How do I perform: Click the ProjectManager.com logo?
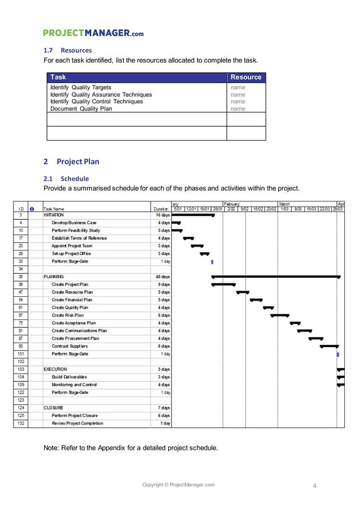94,33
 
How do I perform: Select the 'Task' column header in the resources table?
58,77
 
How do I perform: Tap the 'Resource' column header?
245,77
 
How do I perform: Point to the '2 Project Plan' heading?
71,161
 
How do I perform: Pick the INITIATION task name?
54,215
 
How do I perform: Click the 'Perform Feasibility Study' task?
76,230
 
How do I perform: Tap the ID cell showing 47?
20,292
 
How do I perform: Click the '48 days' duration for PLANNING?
162,277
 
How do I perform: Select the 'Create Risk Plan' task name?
70,315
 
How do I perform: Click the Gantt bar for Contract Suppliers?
330,346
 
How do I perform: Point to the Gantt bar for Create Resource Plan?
243,292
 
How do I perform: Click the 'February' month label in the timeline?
232,203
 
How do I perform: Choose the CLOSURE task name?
54,407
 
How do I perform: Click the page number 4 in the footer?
315,485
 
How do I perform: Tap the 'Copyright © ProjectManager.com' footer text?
178,485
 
